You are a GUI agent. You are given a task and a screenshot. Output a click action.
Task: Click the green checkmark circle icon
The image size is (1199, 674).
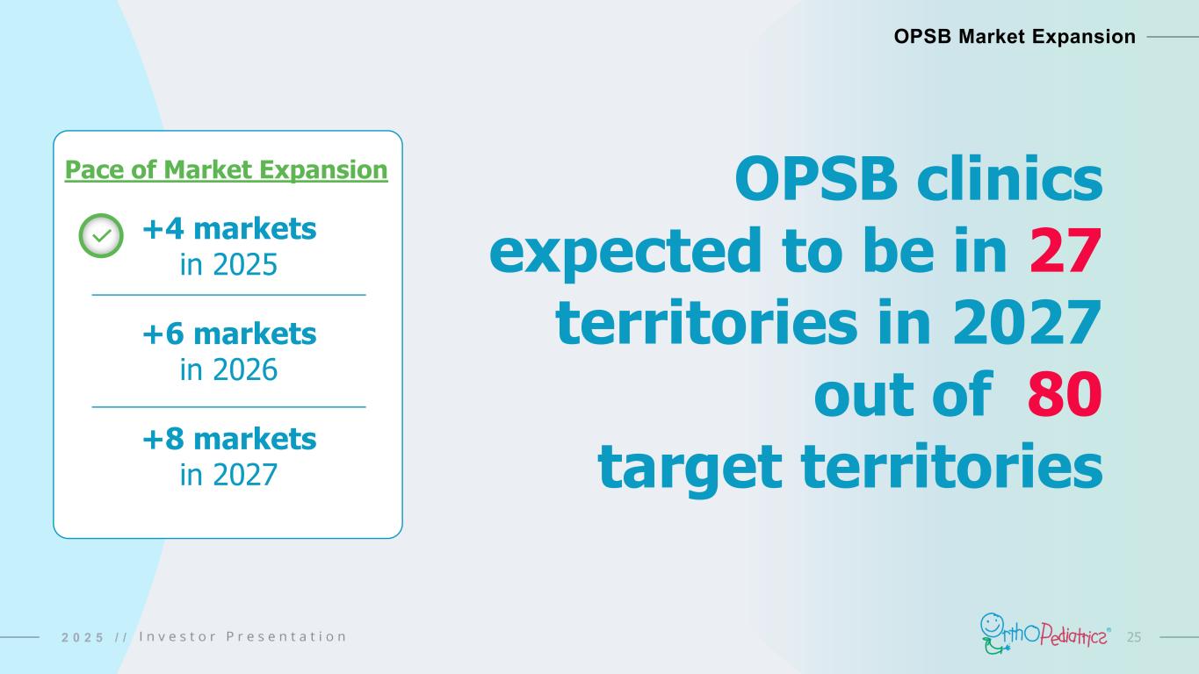tap(101, 235)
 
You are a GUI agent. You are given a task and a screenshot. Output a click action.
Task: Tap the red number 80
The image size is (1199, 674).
tap(1065, 395)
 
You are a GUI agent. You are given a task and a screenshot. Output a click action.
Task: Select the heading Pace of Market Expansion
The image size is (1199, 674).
tap(226, 170)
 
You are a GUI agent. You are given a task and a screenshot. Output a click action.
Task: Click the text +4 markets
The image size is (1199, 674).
tap(229, 228)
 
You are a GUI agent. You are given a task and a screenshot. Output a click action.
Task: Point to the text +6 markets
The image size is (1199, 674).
tap(229, 333)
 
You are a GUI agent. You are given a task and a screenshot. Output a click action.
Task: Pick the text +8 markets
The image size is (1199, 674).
tap(229, 439)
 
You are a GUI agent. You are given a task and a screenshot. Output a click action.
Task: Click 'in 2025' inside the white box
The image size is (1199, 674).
tap(228, 264)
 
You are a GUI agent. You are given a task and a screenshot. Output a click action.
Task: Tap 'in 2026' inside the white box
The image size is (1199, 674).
tap(228, 369)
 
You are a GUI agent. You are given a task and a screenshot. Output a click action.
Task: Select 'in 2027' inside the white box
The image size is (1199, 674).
tap(228, 475)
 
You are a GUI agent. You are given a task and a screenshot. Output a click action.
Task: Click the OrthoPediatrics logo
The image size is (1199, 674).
tap(1045, 635)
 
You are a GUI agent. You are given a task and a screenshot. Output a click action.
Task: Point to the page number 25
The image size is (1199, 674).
tap(1134, 637)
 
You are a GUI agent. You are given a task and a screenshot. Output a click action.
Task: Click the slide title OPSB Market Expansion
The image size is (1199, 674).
tap(1015, 36)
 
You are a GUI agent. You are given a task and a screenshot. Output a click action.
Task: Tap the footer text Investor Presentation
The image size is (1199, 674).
tap(242, 636)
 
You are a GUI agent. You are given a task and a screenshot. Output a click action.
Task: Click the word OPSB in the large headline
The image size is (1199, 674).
tap(816, 178)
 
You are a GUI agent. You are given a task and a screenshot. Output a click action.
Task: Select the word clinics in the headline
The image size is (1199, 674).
tap(1009, 178)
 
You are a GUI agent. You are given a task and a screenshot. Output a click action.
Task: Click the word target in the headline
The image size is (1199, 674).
tap(690, 468)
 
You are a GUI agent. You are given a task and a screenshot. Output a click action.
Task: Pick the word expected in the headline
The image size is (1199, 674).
tap(625, 251)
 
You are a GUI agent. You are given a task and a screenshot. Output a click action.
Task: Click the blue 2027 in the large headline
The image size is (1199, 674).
tap(1027, 323)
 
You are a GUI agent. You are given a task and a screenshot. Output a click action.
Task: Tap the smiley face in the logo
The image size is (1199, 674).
tap(992, 624)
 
